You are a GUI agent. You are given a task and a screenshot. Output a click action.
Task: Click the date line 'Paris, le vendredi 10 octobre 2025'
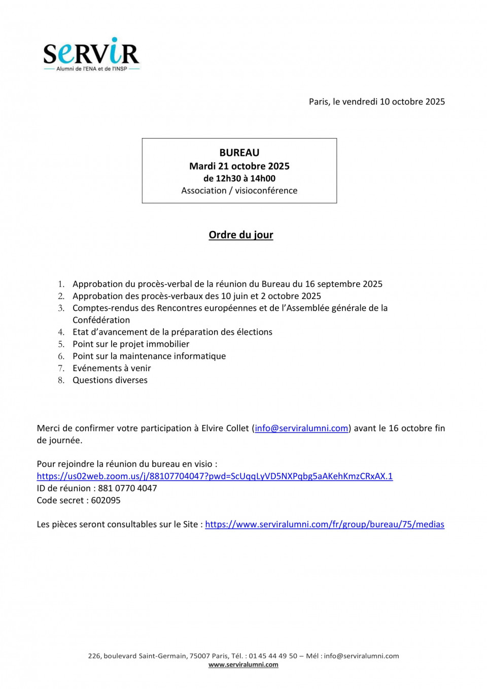tap(376, 102)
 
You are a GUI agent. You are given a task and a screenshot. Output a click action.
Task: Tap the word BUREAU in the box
tap(239, 153)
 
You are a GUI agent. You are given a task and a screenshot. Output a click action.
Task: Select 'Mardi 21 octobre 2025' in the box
tap(239, 166)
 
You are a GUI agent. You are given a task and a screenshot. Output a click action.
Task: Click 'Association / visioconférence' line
tap(239, 190)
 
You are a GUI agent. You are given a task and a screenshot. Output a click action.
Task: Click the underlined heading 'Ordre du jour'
tap(241, 235)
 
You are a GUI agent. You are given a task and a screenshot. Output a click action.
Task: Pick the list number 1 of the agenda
tap(61, 284)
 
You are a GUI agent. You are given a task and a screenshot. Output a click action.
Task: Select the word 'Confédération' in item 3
tap(101, 320)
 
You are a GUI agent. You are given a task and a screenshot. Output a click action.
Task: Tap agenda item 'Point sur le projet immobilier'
tap(131, 344)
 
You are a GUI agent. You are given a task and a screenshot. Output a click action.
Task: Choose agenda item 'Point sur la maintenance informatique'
tap(149, 356)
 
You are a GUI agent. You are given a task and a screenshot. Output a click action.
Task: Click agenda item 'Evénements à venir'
tap(112, 368)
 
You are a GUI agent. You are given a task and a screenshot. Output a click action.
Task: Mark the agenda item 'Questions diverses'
tap(110, 380)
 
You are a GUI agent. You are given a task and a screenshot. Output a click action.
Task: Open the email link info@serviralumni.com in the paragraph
tap(301, 428)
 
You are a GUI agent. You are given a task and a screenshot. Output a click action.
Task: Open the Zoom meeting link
tap(215, 476)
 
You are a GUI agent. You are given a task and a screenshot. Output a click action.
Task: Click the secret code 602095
tap(106, 500)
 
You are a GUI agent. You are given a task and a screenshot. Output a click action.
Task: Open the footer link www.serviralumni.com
tap(243, 665)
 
